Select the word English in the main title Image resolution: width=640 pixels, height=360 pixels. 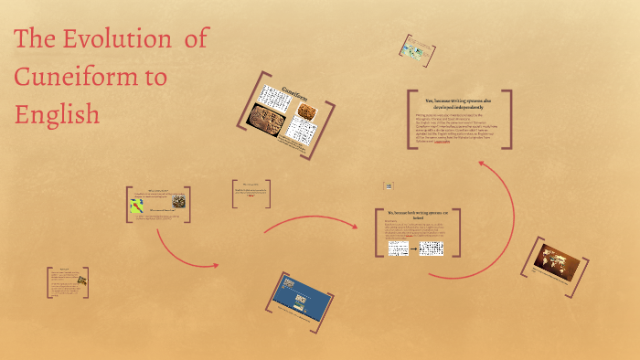point(57,114)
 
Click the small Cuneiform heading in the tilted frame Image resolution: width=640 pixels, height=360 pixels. point(293,92)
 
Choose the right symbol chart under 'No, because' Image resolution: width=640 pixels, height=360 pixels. point(431,248)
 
